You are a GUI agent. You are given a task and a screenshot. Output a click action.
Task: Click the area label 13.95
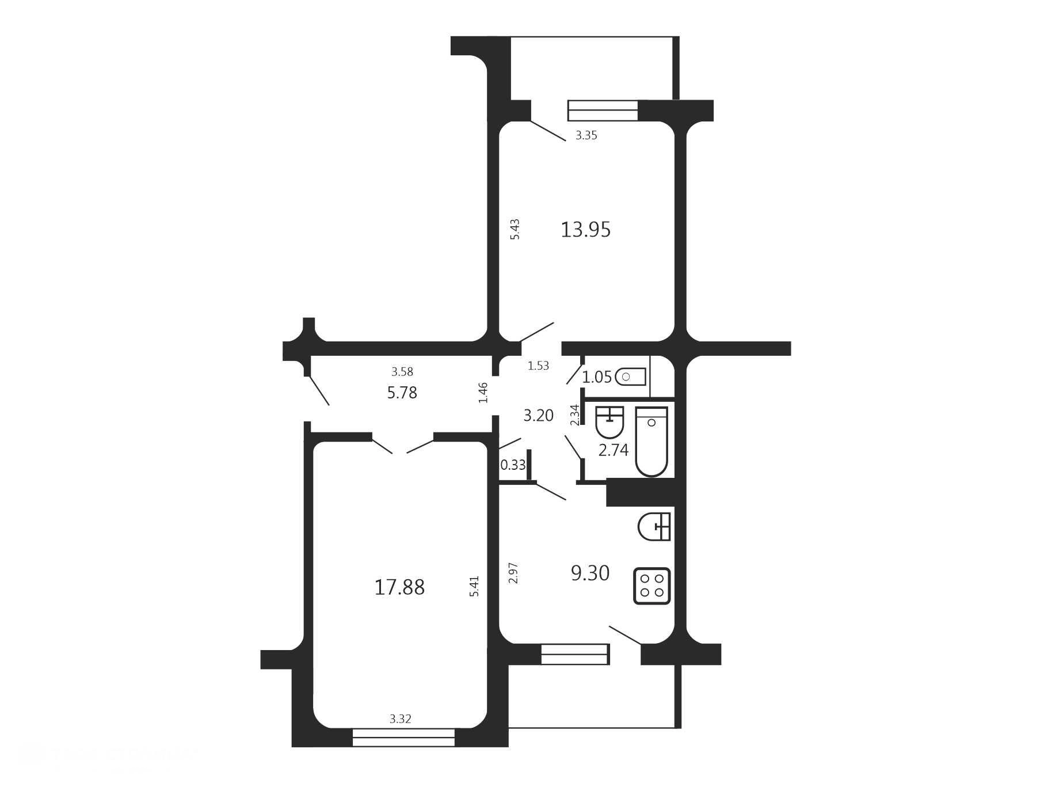585,230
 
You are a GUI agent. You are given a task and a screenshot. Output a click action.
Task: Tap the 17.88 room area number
399,588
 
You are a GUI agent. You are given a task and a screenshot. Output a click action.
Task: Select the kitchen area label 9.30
590,573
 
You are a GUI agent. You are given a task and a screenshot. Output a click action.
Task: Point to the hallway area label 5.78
402,393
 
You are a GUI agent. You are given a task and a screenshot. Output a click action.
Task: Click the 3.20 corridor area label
538,415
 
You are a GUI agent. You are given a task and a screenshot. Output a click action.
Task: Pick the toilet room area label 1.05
597,378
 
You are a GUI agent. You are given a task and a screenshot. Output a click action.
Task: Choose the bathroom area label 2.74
614,450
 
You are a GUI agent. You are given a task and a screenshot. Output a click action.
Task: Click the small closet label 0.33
513,465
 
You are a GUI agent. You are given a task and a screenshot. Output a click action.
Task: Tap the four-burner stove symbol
652,586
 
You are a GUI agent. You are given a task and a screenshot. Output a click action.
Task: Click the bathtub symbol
651,442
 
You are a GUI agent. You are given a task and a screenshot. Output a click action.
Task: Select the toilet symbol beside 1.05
630,377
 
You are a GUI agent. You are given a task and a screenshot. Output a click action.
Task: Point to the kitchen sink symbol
655,526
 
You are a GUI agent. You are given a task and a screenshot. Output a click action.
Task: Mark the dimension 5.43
515,229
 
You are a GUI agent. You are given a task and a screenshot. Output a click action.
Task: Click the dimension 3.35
586,136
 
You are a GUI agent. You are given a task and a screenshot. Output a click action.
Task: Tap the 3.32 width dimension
401,719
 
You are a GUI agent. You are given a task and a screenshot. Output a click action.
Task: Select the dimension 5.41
474,586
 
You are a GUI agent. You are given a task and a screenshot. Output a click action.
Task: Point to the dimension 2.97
514,573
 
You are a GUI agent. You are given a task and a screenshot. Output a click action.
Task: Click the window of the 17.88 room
403,738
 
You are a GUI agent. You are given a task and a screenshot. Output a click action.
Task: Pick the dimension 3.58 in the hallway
402,372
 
